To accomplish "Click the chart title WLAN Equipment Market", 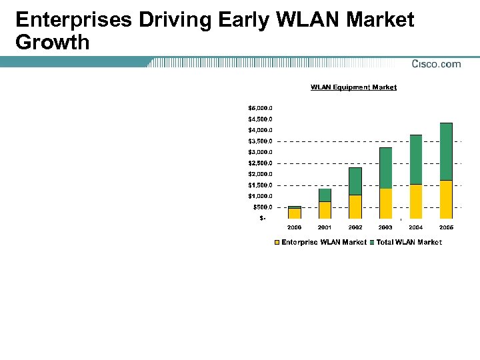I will click(x=353, y=87).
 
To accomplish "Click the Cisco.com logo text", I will click(x=436, y=64).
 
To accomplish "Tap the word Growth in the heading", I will click(x=52, y=43).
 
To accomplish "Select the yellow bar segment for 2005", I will click(x=446, y=199).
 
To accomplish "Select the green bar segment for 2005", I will click(x=446, y=151).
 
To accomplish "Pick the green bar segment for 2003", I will click(x=385, y=168).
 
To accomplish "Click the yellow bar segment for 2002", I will click(x=355, y=207).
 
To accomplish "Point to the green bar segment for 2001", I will click(x=325, y=195).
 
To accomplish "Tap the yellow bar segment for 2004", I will click(x=416, y=201).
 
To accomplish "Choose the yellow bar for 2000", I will click(x=294, y=213).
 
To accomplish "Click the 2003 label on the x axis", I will click(x=385, y=228).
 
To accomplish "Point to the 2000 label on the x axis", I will click(x=294, y=228).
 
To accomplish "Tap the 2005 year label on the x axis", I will click(x=446, y=228).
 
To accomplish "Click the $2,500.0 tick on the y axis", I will click(x=260, y=163).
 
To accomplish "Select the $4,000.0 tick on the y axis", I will click(x=260, y=130).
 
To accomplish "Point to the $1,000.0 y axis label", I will click(x=260, y=196).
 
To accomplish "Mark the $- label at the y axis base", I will click(x=263, y=218).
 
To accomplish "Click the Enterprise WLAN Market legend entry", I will click(x=320, y=243).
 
